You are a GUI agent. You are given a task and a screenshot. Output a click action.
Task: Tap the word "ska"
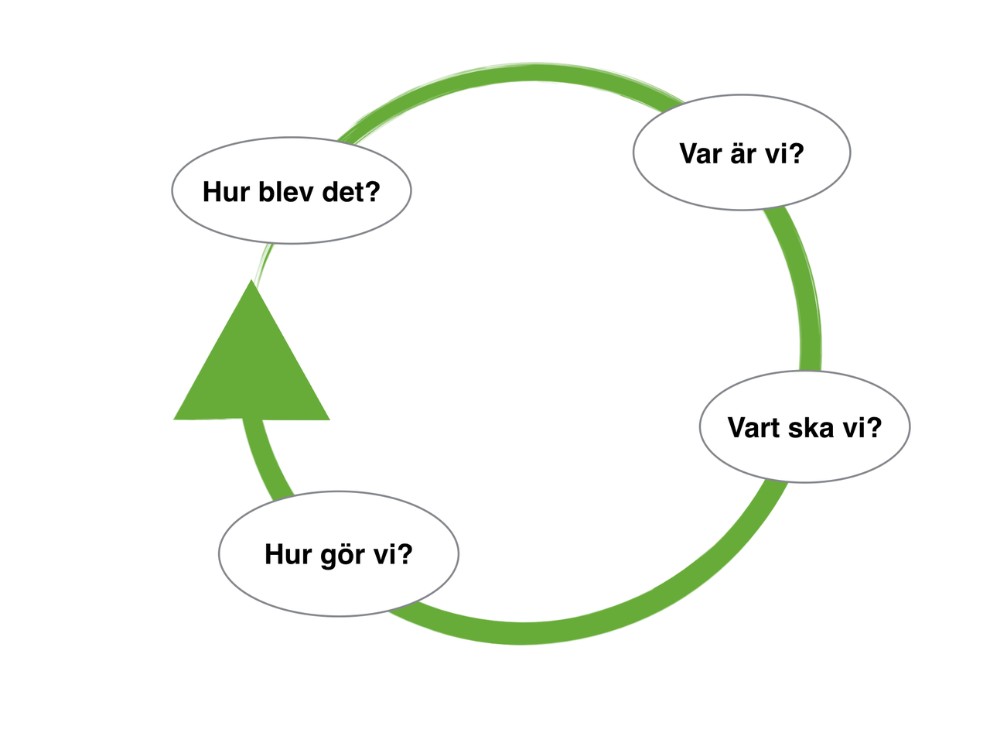pos(813,428)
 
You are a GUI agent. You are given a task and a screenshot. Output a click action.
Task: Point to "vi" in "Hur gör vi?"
pos(384,555)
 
